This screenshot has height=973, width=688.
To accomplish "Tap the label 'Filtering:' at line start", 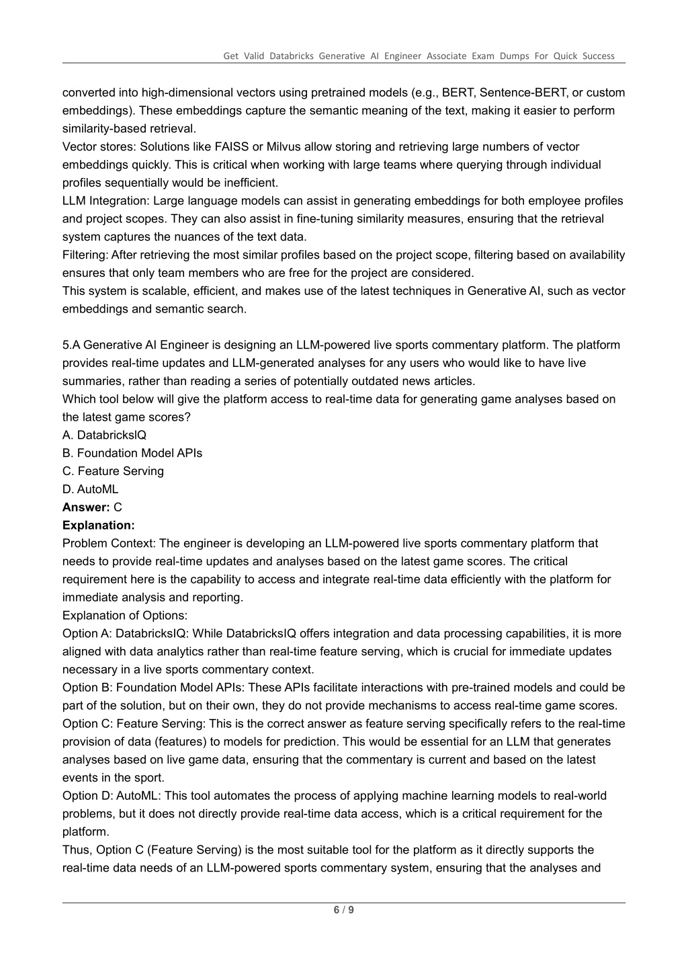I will [x=85, y=255].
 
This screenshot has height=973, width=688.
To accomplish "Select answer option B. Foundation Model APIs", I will [x=132, y=453].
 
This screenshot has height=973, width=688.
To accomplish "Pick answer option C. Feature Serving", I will [x=113, y=471].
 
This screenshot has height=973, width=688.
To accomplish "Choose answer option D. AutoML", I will [x=90, y=489].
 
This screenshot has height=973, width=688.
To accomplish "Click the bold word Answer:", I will [x=86, y=507].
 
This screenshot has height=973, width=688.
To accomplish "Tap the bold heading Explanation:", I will [x=98, y=525].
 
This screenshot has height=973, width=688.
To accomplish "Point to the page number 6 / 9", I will [x=344, y=911].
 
